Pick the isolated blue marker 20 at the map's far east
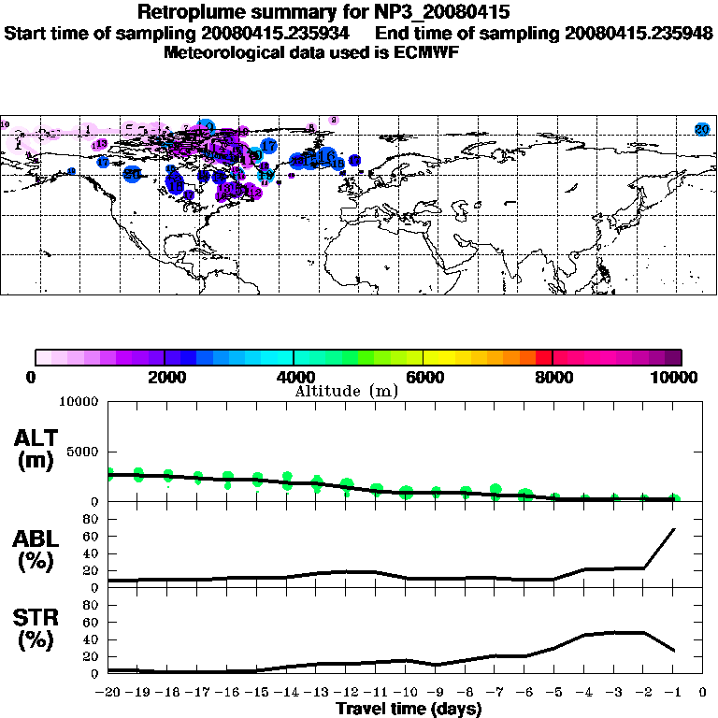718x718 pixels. click(702, 129)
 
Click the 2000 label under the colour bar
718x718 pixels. click(165, 377)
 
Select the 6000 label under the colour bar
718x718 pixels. click(424, 377)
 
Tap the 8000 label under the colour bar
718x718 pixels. click(553, 377)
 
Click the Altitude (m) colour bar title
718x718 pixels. click(346, 391)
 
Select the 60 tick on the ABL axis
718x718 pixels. click(91, 536)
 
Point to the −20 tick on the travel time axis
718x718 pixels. click(109, 692)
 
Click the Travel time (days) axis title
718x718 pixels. click(409, 709)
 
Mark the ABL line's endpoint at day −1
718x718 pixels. click(674, 529)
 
